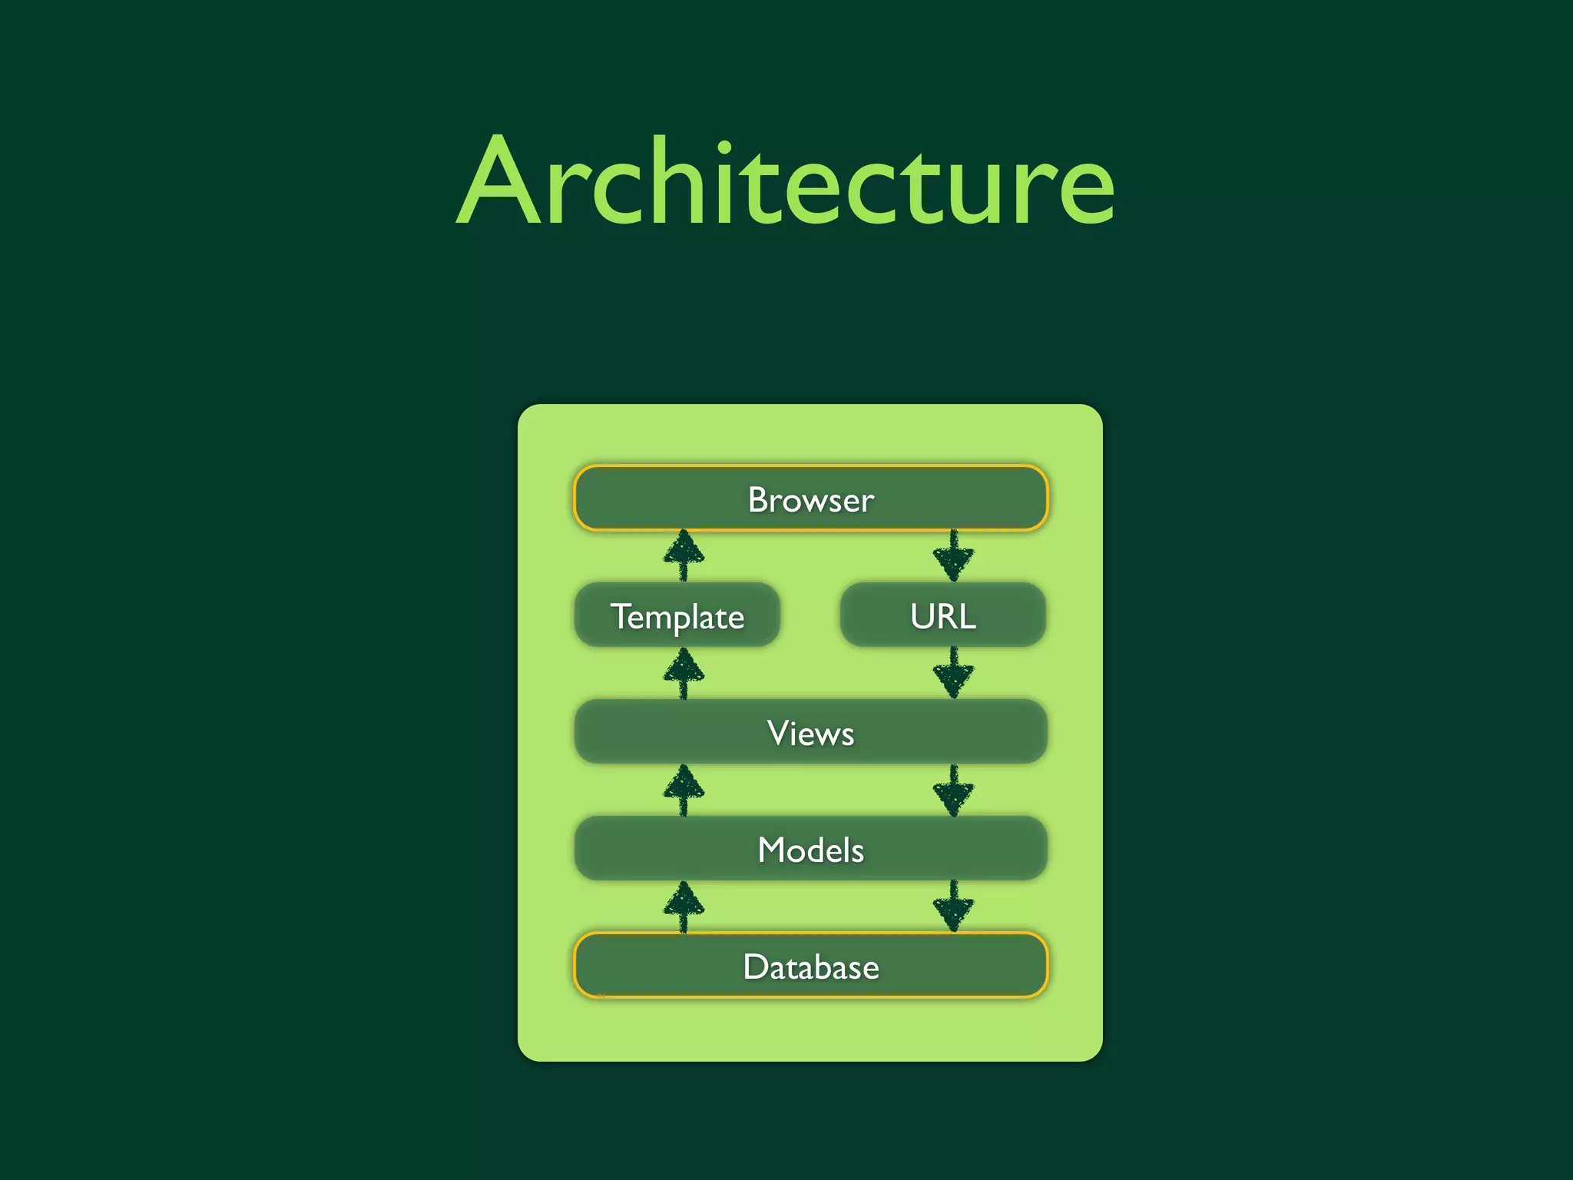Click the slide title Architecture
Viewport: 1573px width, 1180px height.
point(785,183)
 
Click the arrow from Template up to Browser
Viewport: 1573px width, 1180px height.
point(684,555)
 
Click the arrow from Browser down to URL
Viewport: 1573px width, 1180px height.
point(953,556)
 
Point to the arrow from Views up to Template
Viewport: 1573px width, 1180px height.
point(684,673)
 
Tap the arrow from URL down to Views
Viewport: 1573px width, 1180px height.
point(953,673)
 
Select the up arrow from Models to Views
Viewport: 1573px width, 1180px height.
point(684,790)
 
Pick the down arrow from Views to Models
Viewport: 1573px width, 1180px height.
point(953,790)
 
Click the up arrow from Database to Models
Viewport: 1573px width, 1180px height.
point(684,907)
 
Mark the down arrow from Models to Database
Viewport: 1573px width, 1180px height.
point(953,907)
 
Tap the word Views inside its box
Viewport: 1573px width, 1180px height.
point(810,733)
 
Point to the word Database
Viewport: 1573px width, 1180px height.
point(810,966)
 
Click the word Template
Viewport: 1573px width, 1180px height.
point(677,617)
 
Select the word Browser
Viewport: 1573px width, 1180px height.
point(810,499)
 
